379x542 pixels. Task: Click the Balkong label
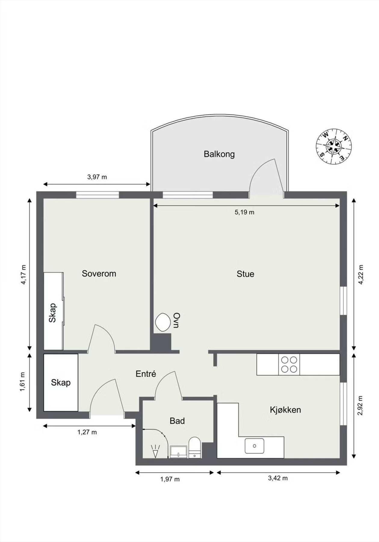pos(219,154)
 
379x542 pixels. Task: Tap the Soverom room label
pos(99,273)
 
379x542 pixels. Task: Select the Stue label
pos(245,274)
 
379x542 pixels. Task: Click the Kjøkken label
pos(285,410)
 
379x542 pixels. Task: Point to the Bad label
pos(177,421)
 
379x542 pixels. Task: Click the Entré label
pos(146,374)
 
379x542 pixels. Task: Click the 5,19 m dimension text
pos(244,212)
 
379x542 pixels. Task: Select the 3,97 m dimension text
pos(97,177)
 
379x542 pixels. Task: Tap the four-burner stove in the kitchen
pos(289,364)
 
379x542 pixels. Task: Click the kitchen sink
pos(254,446)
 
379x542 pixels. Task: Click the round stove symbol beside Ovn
pos(163,322)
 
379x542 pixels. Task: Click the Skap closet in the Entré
pos(61,382)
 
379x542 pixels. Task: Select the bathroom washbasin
pos(179,452)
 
